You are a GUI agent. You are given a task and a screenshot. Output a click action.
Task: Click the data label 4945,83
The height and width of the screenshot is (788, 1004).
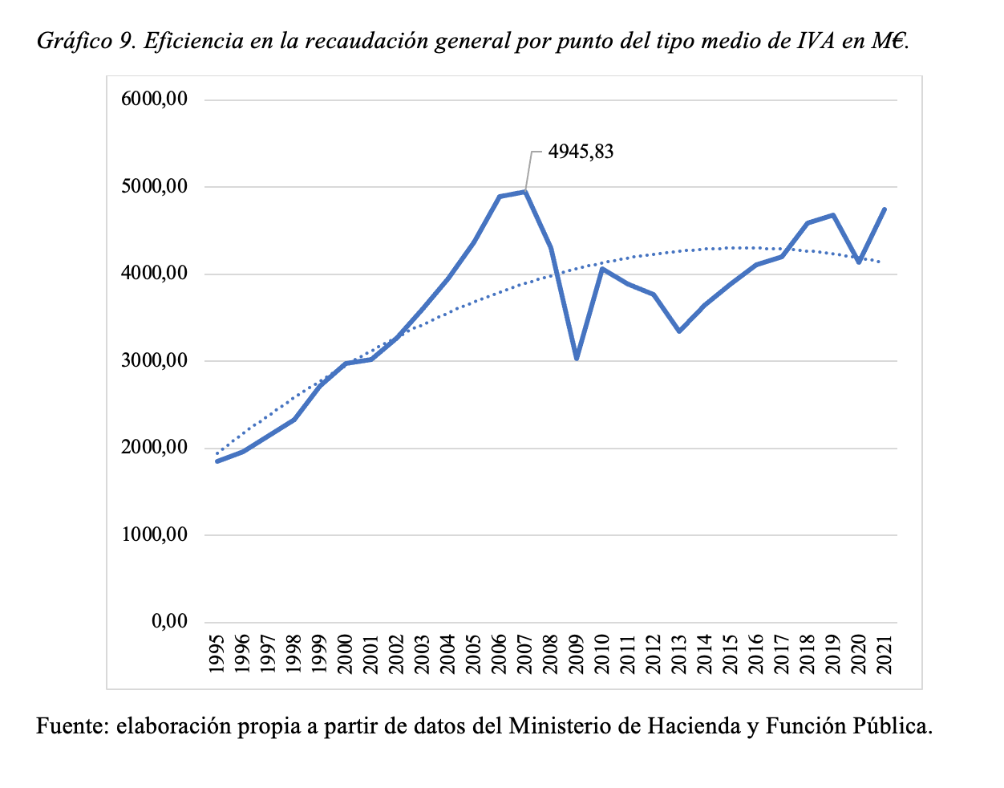pos(581,151)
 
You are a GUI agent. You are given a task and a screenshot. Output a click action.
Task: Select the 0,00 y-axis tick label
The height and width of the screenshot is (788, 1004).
pos(170,621)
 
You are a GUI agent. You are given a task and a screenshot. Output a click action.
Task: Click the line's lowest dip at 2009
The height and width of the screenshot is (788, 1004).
pos(577,358)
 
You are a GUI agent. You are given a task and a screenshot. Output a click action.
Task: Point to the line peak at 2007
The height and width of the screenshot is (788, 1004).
pos(525,191)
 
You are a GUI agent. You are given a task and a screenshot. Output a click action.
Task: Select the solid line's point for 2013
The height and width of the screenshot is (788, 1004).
pos(679,331)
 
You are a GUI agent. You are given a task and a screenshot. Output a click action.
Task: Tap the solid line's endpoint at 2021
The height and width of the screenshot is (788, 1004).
pos(885,209)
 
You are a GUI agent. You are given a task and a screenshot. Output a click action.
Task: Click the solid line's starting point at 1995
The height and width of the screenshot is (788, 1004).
pos(217,461)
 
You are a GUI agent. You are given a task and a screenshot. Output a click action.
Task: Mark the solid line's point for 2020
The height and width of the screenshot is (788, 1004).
pos(859,262)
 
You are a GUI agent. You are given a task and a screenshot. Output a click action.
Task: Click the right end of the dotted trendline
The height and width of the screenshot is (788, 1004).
pos(881,262)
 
